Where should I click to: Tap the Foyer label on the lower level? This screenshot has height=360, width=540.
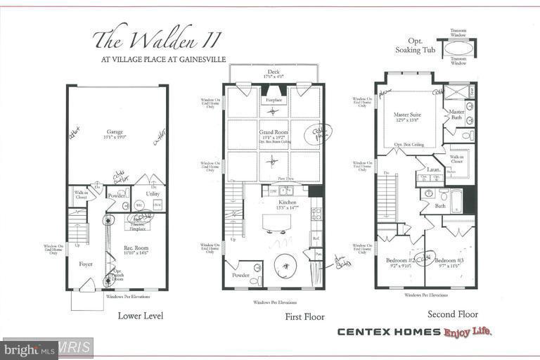(x=86, y=264)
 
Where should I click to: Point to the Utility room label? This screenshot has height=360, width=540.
(x=153, y=193)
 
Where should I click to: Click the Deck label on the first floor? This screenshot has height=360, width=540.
(x=273, y=72)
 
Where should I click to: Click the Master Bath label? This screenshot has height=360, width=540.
(x=456, y=115)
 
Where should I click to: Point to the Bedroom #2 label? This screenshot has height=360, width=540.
(x=397, y=260)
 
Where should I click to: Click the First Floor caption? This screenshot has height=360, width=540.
(x=304, y=317)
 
